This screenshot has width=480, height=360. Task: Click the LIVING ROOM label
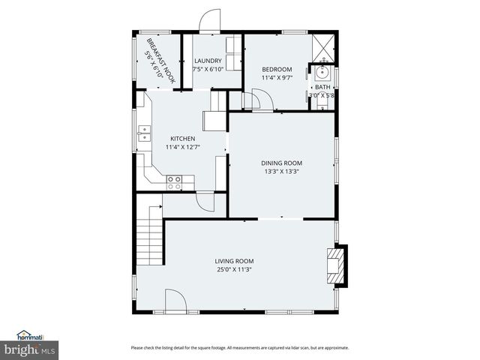pos(235,261)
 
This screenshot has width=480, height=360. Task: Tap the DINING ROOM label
pos(281,163)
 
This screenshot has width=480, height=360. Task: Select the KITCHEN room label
pos(182,139)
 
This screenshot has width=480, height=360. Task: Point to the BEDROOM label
pos(276,69)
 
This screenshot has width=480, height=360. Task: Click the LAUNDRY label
pos(207,61)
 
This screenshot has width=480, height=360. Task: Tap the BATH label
pos(322,87)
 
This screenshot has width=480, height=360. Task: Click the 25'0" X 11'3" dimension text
pos(235,269)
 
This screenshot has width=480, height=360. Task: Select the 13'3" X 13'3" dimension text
pos(281,172)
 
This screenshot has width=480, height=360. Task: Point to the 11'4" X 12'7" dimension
pos(182,147)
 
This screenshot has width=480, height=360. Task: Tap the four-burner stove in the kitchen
pos(174,180)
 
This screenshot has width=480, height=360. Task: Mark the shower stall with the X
pos(323,46)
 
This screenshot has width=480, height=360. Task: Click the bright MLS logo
pos(30,349)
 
